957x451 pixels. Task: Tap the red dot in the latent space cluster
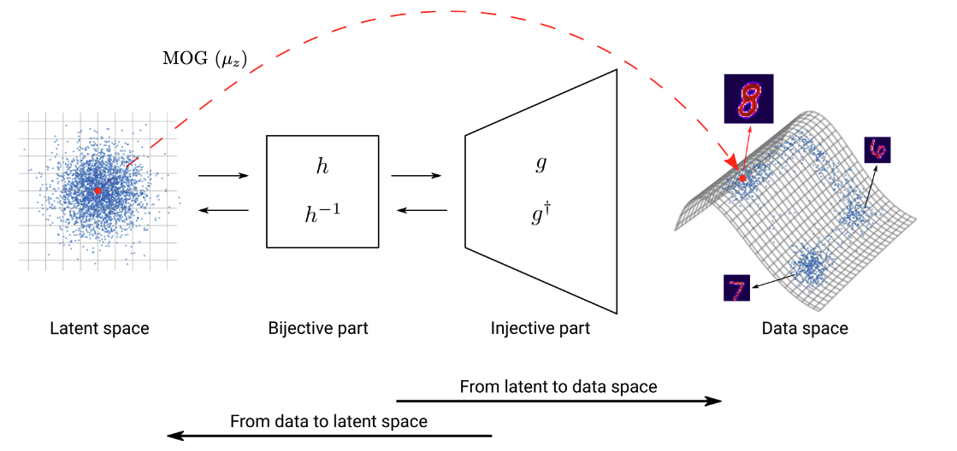point(98,190)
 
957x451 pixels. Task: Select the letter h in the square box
point(322,167)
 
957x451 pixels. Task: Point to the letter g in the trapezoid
point(541,164)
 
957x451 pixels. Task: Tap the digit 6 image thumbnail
point(877,151)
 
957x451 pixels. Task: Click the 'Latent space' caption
point(99,328)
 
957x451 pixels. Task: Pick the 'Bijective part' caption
point(318,328)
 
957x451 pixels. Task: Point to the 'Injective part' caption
point(541,328)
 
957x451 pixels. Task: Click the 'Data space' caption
point(805,328)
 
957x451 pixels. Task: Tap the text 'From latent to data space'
point(558,387)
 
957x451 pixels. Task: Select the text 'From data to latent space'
point(328,421)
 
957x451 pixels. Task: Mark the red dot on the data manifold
point(743,178)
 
